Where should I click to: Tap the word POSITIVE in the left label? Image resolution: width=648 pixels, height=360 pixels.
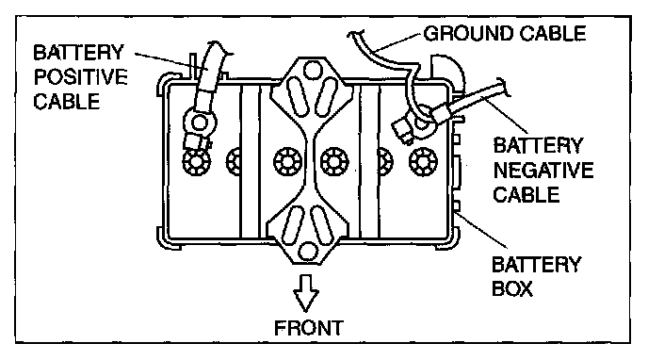(x=81, y=77)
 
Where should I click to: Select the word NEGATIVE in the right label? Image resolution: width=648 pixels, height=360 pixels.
(x=543, y=171)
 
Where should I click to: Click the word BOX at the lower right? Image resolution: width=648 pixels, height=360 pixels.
(x=512, y=288)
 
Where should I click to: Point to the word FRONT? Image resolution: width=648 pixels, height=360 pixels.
(x=309, y=328)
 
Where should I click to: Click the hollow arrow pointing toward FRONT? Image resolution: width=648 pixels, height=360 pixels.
(x=306, y=293)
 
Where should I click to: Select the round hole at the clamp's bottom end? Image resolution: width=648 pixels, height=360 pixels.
(x=308, y=252)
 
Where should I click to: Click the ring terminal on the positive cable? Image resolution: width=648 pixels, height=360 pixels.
(x=200, y=123)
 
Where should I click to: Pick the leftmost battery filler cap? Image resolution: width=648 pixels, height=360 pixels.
(x=197, y=161)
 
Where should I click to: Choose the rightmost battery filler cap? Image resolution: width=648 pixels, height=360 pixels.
(x=423, y=161)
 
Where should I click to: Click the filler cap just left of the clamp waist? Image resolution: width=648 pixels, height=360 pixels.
(x=287, y=161)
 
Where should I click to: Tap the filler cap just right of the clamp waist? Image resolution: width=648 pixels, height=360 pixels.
(x=334, y=161)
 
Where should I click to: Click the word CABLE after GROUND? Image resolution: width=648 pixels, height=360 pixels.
(x=553, y=34)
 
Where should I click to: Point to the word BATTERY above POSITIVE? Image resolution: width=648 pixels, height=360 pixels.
(x=78, y=53)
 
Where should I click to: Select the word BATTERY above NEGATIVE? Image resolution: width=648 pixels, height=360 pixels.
(x=538, y=145)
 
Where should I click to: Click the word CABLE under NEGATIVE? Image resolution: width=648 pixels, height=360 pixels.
(x=526, y=195)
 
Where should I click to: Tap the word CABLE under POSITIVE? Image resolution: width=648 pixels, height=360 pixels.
(x=67, y=101)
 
